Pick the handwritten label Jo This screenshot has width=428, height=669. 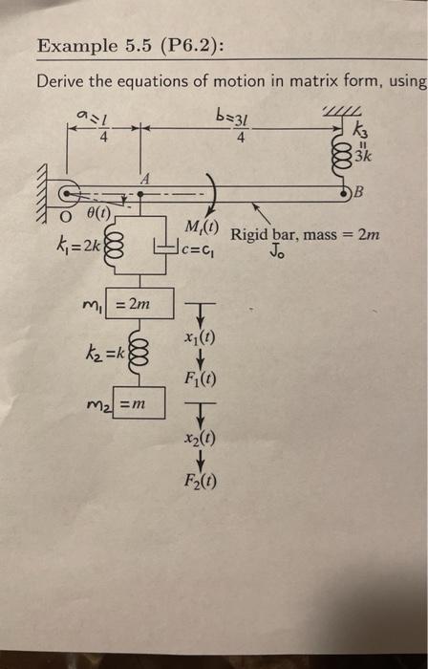[277, 254]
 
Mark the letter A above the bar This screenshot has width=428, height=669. [144, 178]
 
